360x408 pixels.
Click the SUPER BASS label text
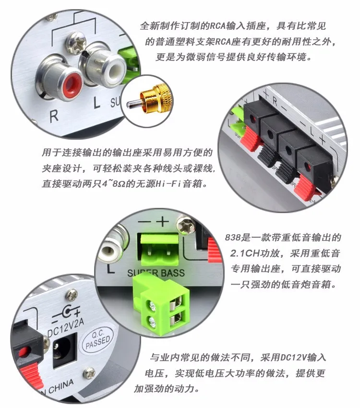tap(156, 273)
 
